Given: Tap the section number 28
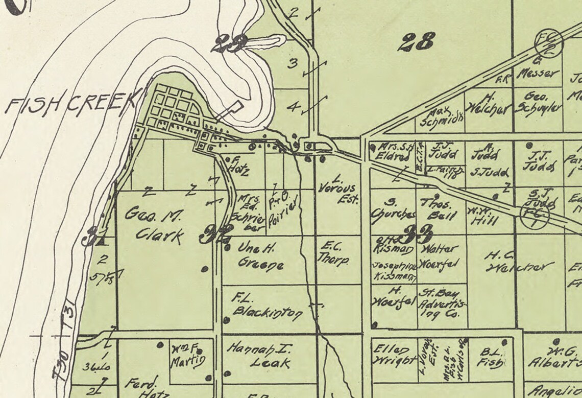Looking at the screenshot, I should pos(418,41).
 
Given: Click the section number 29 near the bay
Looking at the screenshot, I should pos(231,44).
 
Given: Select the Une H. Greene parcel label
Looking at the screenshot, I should pos(261,257).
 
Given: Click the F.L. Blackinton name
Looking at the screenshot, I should pos(266,306).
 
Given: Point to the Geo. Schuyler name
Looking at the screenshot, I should pos(538,102).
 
